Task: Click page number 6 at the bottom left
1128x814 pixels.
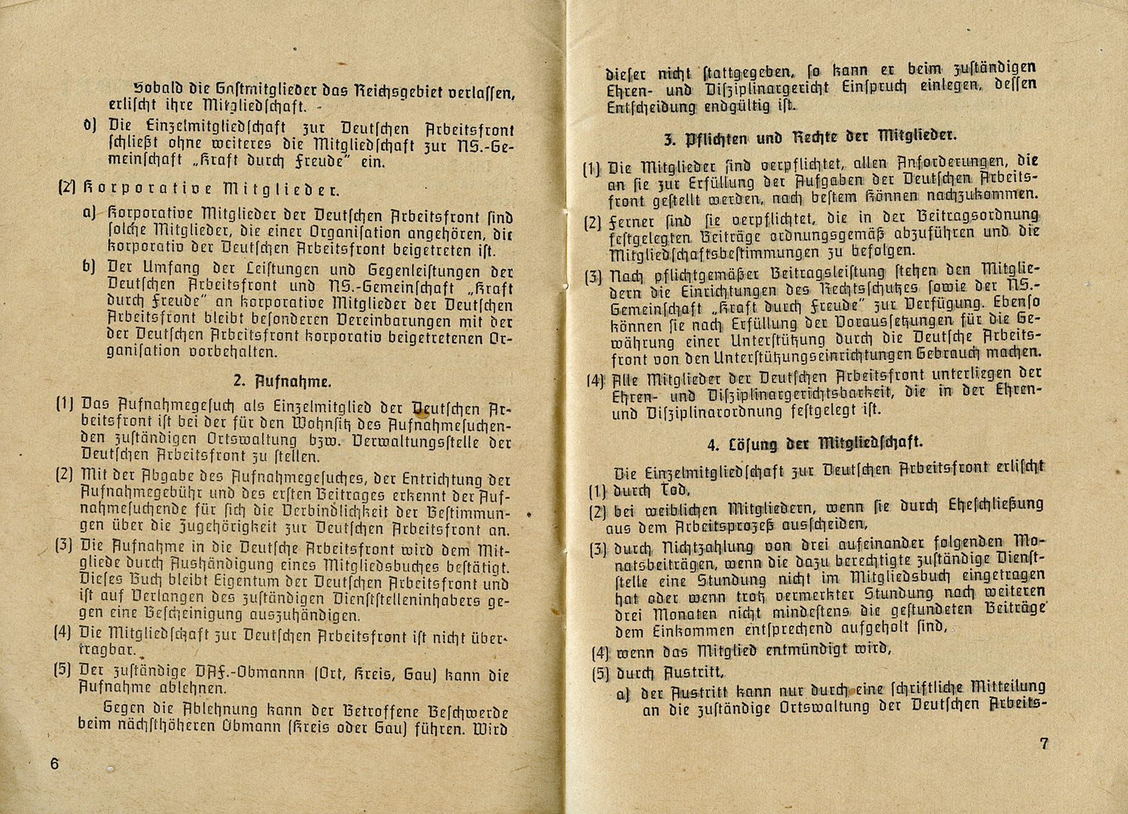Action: (55, 763)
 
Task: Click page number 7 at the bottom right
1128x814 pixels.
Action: (1044, 743)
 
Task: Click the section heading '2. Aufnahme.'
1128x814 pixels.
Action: (282, 382)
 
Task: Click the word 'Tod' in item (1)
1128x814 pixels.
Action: (672, 489)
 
